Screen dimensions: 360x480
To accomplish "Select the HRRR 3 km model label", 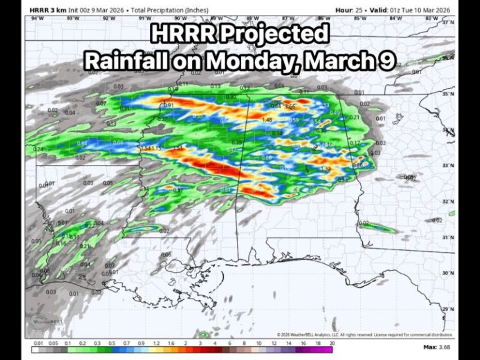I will (x=46, y=10).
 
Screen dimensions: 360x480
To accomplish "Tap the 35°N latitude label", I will (x=447, y=94).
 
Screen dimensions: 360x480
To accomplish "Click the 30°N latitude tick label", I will (x=447, y=273).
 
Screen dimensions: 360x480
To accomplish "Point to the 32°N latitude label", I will (x=447, y=201).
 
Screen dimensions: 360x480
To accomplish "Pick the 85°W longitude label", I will (x=359, y=19).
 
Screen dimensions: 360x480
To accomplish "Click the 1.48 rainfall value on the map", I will (x=267, y=120).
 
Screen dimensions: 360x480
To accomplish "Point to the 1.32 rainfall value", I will (x=325, y=169).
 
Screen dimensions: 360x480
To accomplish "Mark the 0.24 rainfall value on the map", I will (x=38, y=149).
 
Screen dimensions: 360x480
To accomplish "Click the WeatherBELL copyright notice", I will (x=365, y=335).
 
